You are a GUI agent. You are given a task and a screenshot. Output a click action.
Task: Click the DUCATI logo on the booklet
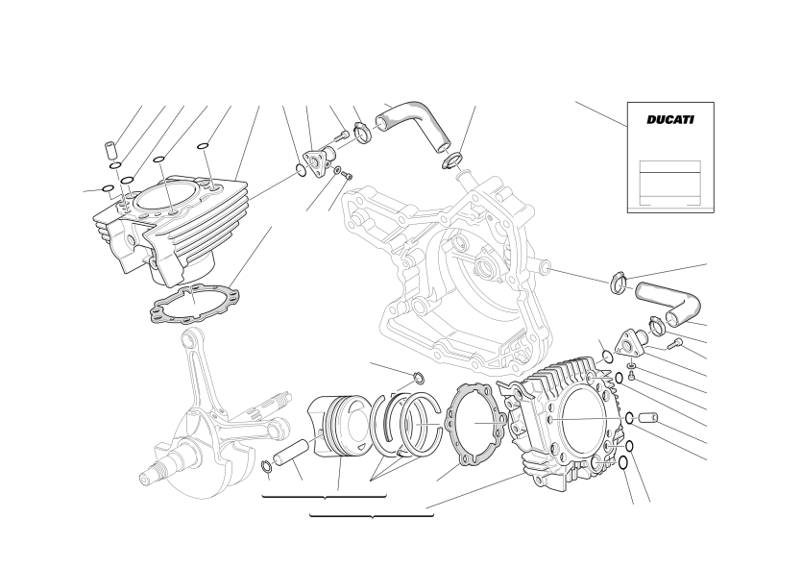(670, 120)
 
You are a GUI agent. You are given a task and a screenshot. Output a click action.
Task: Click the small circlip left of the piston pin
(266, 466)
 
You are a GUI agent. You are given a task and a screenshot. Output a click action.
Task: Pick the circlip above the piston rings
(419, 379)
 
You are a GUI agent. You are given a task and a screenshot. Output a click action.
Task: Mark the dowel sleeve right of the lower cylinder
(646, 418)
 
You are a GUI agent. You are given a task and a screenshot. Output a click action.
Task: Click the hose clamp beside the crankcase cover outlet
(619, 283)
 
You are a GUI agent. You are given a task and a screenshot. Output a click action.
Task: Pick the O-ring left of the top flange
(302, 169)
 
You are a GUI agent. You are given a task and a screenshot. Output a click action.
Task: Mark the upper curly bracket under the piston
(324, 497)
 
